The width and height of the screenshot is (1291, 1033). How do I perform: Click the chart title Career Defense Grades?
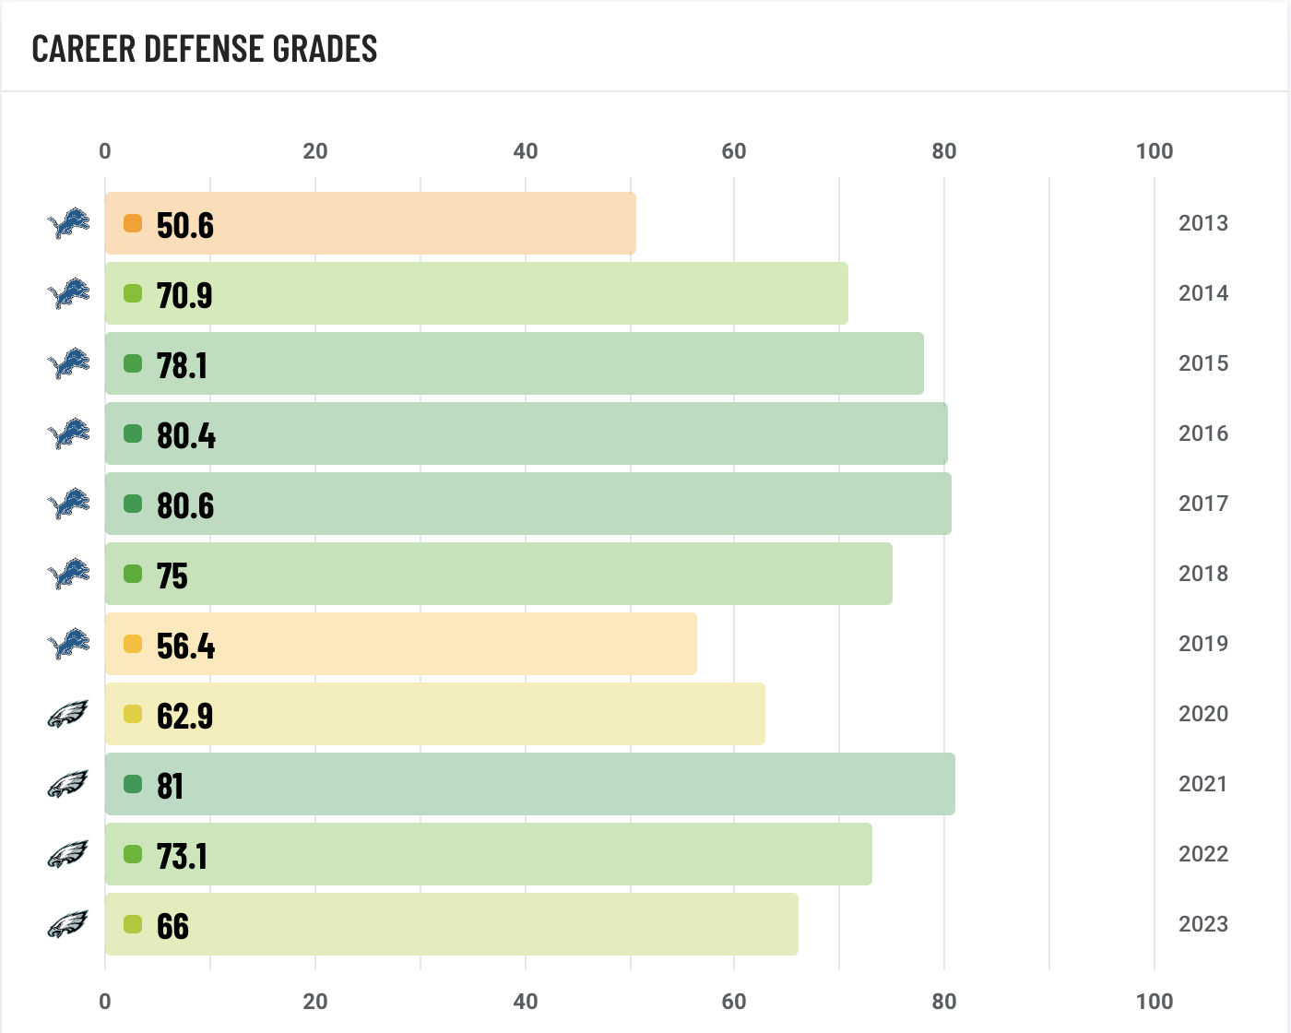[205, 49]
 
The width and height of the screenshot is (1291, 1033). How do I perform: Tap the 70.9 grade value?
[184, 295]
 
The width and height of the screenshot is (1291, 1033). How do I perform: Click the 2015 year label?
[1203, 363]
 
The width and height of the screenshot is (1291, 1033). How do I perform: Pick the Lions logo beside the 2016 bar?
[69, 433]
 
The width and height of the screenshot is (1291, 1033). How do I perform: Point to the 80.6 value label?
[185, 505]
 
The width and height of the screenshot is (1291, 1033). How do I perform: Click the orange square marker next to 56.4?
[133, 644]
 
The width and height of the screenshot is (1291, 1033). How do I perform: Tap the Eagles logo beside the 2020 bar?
[67, 714]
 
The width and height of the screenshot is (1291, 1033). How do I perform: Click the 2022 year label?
[1203, 854]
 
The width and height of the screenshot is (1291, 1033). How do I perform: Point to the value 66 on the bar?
[172, 926]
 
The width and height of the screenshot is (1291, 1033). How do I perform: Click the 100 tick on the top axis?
[1155, 151]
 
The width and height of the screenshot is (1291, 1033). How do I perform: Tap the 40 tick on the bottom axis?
[526, 1002]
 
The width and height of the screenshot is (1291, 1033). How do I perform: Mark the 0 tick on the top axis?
[105, 151]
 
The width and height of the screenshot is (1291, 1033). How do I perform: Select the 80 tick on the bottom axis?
[944, 1002]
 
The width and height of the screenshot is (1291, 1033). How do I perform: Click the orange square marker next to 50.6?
[133, 223]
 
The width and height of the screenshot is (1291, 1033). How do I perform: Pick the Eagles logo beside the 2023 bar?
[67, 924]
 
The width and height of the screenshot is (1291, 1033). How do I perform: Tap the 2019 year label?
[1203, 644]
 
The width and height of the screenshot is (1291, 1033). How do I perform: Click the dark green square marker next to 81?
[133, 784]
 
